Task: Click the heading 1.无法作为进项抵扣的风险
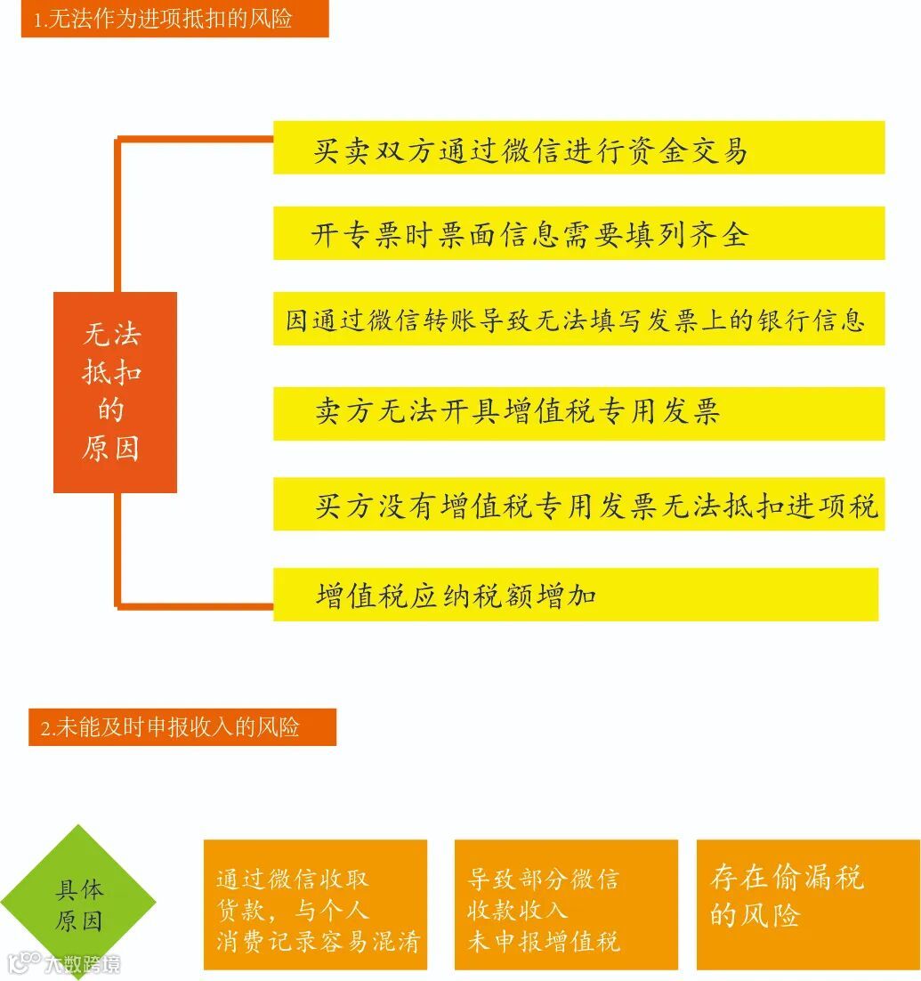pyautogui.click(x=174, y=19)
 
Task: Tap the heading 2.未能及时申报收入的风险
pyautogui.click(x=182, y=727)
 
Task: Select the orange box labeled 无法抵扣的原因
pyautogui.click(x=115, y=392)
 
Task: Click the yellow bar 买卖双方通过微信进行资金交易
pyautogui.click(x=578, y=148)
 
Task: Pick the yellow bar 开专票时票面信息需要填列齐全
pyautogui.click(x=578, y=233)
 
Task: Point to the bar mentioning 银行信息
pyautogui.click(x=578, y=319)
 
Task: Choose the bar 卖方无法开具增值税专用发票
pyautogui.click(x=578, y=413)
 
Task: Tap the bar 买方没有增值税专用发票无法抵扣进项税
pyautogui.click(x=578, y=505)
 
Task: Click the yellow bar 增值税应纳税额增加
pyautogui.click(x=575, y=595)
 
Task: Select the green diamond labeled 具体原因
pyautogui.click(x=78, y=903)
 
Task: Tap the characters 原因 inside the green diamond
pyautogui.click(x=78, y=920)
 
